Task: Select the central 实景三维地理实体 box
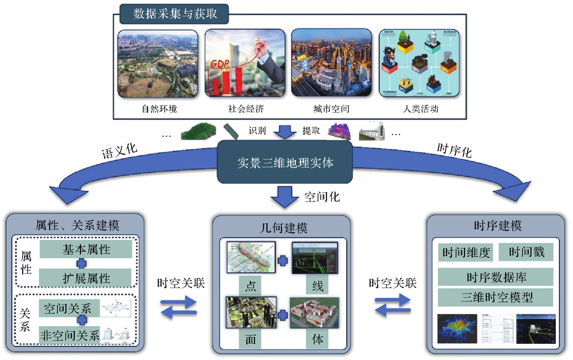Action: pyautogui.click(x=285, y=162)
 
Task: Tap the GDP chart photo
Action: pyautogui.click(x=245, y=63)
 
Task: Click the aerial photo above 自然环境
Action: pyautogui.click(x=158, y=64)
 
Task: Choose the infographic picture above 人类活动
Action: pyautogui.click(x=419, y=63)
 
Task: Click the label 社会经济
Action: pyautogui.click(x=246, y=109)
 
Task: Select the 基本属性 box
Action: pyautogui.click(x=86, y=249)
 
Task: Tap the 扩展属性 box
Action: pyautogui.click(x=86, y=278)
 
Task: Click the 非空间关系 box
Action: pyautogui.click(x=70, y=335)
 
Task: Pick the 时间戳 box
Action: pyautogui.click(x=526, y=252)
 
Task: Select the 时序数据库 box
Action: pyautogui.click(x=496, y=277)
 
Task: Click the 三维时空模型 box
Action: pyautogui.click(x=496, y=297)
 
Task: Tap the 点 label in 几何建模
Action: pyautogui.click(x=250, y=286)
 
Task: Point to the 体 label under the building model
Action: pyautogui.click(x=317, y=339)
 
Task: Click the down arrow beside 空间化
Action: pyautogui.click(x=284, y=196)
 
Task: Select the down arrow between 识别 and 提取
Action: pyautogui.click(x=285, y=132)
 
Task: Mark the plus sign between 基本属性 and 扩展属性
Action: pyautogui.click(x=82, y=264)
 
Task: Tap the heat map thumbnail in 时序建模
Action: pyautogui.click(x=457, y=329)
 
